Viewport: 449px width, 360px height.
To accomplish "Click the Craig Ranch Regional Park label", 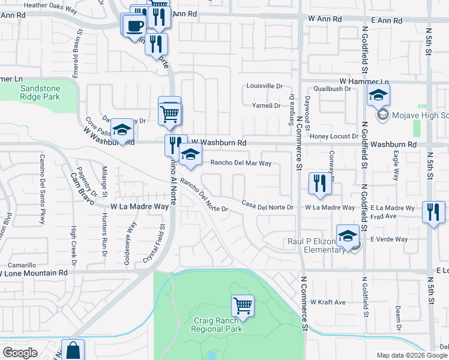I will click(217, 325).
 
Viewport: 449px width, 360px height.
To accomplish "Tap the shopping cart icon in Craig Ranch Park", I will click(243, 306).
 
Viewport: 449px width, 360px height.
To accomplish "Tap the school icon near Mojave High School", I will click(378, 95).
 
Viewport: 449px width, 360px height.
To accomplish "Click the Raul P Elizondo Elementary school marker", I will click(348, 236).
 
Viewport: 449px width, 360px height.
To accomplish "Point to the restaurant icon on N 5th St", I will click(433, 212).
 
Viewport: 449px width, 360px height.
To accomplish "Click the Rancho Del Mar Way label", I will click(241, 163).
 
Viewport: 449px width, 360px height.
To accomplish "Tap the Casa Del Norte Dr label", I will click(268, 207).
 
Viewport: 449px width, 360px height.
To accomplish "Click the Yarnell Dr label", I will click(265, 106).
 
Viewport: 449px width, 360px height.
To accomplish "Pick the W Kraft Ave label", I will click(328, 302).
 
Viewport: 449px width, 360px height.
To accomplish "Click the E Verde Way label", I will click(389, 239).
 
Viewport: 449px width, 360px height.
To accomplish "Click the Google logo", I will click(20, 353).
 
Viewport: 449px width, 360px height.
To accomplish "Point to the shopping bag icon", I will click(72, 351).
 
